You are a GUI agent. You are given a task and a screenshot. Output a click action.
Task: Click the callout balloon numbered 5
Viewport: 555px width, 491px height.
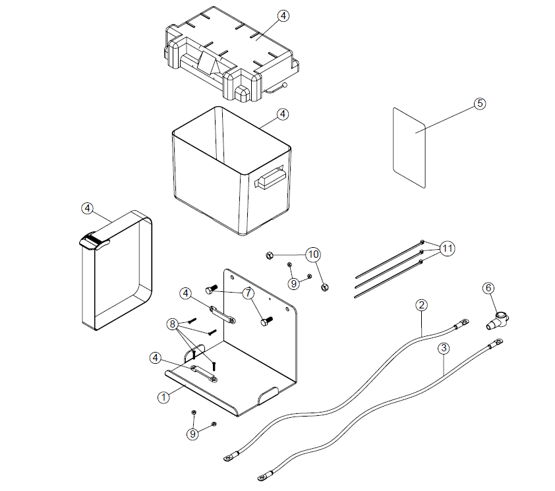click(x=480, y=103)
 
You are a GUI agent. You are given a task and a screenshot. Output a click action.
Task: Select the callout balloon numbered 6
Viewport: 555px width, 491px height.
click(x=488, y=288)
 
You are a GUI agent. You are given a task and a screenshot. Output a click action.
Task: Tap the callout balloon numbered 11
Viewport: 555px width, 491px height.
click(x=447, y=248)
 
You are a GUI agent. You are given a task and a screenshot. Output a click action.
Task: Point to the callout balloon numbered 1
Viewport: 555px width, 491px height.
click(x=163, y=397)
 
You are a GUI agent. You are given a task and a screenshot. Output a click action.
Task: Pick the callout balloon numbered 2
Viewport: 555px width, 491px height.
click(x=421, y=304)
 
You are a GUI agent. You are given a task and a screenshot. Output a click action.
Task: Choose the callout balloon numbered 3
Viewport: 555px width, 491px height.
click(x=444, y=349)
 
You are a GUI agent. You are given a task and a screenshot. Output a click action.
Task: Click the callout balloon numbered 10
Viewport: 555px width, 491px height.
click(x=313, y=254)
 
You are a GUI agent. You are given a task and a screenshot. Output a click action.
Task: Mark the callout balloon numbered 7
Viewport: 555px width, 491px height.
click(x=248, y=293)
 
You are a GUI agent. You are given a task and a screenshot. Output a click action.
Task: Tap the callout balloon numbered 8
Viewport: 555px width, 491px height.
click(x=173, y=324)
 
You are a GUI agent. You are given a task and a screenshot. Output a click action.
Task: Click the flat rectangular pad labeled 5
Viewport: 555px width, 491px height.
click(x=409, y=148)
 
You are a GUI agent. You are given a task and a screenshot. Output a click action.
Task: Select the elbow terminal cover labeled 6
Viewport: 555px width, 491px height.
click(x=497, y=321)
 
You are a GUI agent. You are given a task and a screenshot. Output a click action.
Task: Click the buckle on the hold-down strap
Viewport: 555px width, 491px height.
click(x=94, y=242)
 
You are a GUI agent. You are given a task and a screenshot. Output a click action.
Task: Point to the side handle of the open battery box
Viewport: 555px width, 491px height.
click(x=270, y=178)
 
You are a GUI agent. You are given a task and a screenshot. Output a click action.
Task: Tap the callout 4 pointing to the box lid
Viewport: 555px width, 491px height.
click(x=283, y=16)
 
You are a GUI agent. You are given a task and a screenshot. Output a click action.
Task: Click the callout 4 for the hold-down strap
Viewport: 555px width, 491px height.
click(x=88, y=208)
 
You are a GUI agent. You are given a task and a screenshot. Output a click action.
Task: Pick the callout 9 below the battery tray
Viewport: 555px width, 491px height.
click(x=192, y=434)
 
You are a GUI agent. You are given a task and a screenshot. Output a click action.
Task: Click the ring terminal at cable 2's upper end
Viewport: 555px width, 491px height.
click(x=462, y=323)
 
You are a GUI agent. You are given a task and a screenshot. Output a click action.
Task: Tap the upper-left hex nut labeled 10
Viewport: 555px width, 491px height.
click(x=269, y=255)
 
